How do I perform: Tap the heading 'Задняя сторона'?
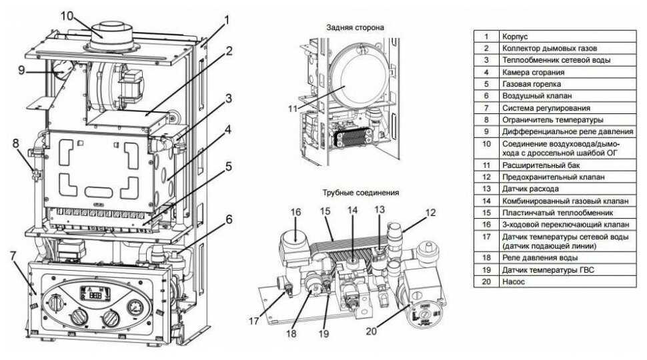click(355, 27)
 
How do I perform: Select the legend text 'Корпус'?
click(515, 36)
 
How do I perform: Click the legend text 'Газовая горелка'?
click(532, 84)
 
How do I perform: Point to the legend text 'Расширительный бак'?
click(538, 165)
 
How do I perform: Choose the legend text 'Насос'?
click(513, 281)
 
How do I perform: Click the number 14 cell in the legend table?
click(486, 200)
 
